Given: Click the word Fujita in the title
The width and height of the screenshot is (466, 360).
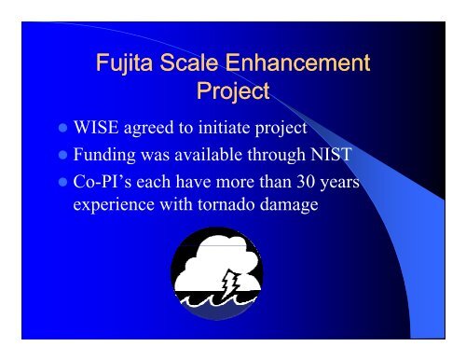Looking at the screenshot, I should [126, 64].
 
